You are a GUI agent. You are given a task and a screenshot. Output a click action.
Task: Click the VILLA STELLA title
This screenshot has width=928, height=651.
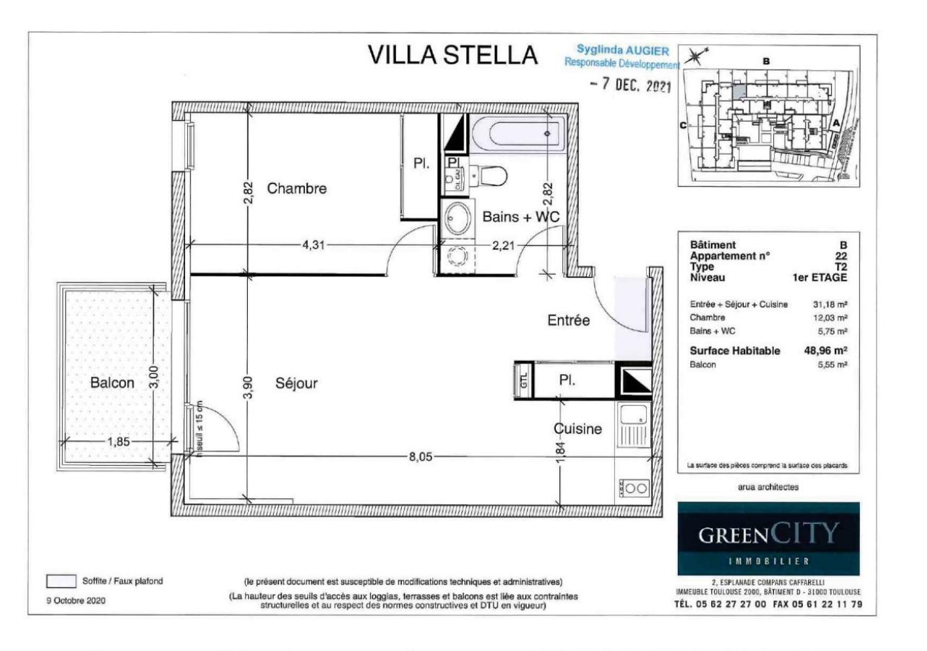(x=453, y=56)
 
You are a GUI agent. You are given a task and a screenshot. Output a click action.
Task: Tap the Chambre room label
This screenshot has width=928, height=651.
(x=297, y=189)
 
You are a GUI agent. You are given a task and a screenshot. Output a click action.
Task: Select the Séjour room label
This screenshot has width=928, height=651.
(x=296, y=383)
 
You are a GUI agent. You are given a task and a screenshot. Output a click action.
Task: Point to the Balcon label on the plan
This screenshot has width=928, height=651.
(x=112, y=383)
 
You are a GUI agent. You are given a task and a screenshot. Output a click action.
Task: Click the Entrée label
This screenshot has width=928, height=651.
(x=569, y=320)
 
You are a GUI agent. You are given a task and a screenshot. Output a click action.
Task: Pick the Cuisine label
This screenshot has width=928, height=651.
(x=578, y=429)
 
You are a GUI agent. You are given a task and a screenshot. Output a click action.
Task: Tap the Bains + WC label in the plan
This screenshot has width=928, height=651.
(x=521, y=216)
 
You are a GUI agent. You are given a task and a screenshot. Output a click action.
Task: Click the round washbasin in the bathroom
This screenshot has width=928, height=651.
(x=457, y=219)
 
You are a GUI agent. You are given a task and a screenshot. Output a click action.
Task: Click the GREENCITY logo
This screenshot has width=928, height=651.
(x=768, y=535)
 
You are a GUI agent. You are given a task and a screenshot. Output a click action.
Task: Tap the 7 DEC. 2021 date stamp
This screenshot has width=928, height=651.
(x=631, y=85)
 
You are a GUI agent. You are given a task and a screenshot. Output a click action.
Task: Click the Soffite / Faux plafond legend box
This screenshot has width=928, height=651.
(x=61, y=581)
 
